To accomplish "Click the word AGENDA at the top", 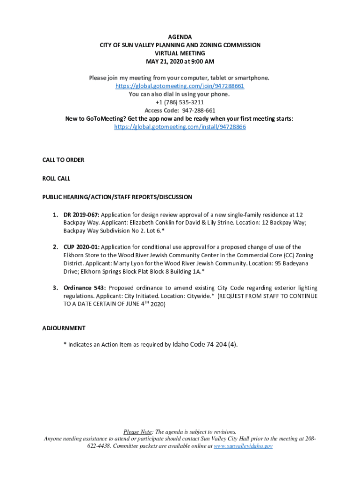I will pyautogui.click(x=180, y=37).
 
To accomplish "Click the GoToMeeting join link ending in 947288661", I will pyautogui.click(x=180, y=86).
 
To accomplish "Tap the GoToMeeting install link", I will pyautogui.click(x=180, y=127).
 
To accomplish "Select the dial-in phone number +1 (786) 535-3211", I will pyautogui.click(x=180, y=102).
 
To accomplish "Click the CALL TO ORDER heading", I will pyautogui.click(x=63, y=160).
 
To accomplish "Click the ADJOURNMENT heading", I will pyautogui.click(x=64, y=328).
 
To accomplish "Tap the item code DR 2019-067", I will pyautogui.click(x=81, y=215).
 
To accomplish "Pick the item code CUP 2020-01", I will pyautogui.click(x=81, y=247).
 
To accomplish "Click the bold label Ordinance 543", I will pyautogui.click(x=85, y=288).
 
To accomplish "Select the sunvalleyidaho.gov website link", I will pyautogui.click(x=243, y=446).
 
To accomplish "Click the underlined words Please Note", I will pyautogui.click(x=137, y=432).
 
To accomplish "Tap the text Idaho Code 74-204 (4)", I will pyautogui.click(x=205, y=345).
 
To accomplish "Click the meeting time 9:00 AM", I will pyautogui.click(x=203, y=61).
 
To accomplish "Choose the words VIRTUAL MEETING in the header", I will pyautogui.click(x=180, y=53).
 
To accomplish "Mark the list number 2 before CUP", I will pyautogui.click(x=54, y=247).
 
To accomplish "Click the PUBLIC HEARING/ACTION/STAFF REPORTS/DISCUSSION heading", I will pyautogui.click(x=117, y=197).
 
